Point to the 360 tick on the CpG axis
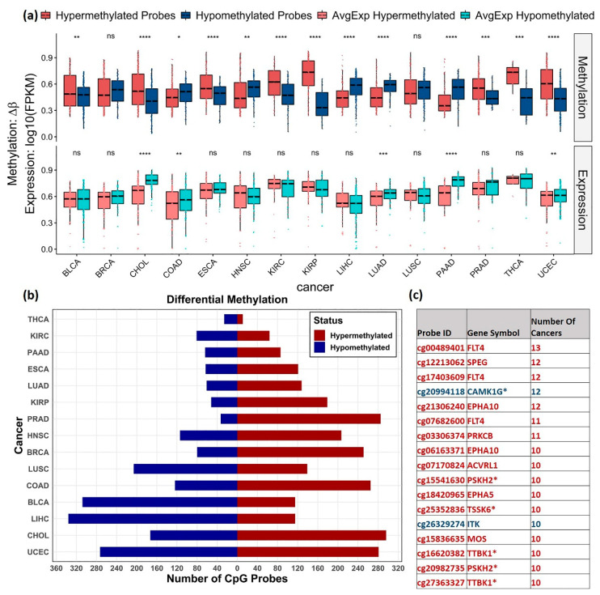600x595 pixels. coord(57,569)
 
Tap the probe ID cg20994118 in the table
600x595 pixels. coord(440,390)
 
